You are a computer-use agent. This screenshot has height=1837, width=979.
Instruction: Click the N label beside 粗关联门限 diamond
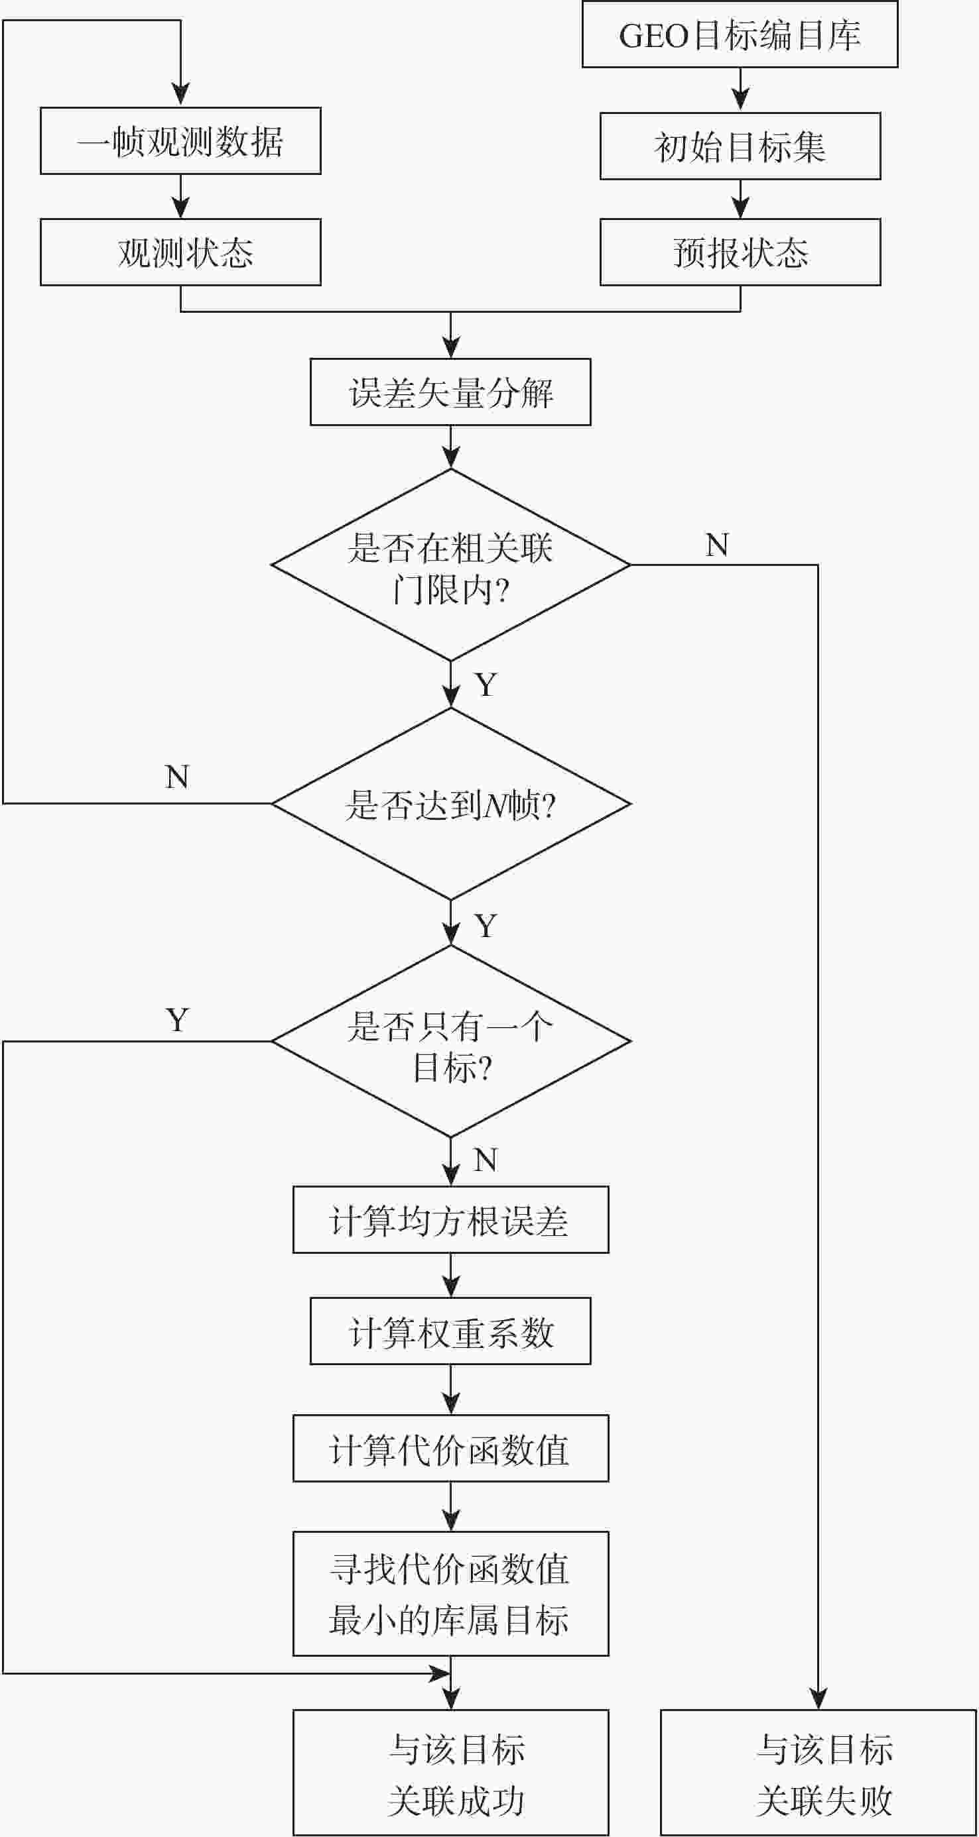[717, 545]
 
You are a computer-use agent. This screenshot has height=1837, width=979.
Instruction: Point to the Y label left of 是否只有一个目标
[177, 1021]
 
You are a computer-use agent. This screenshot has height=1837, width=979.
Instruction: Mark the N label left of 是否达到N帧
[177, 777]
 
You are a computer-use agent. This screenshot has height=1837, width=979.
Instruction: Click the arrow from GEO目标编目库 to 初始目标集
[741, 90]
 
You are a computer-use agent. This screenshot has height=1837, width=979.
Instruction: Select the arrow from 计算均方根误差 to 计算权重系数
[451, 1275]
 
